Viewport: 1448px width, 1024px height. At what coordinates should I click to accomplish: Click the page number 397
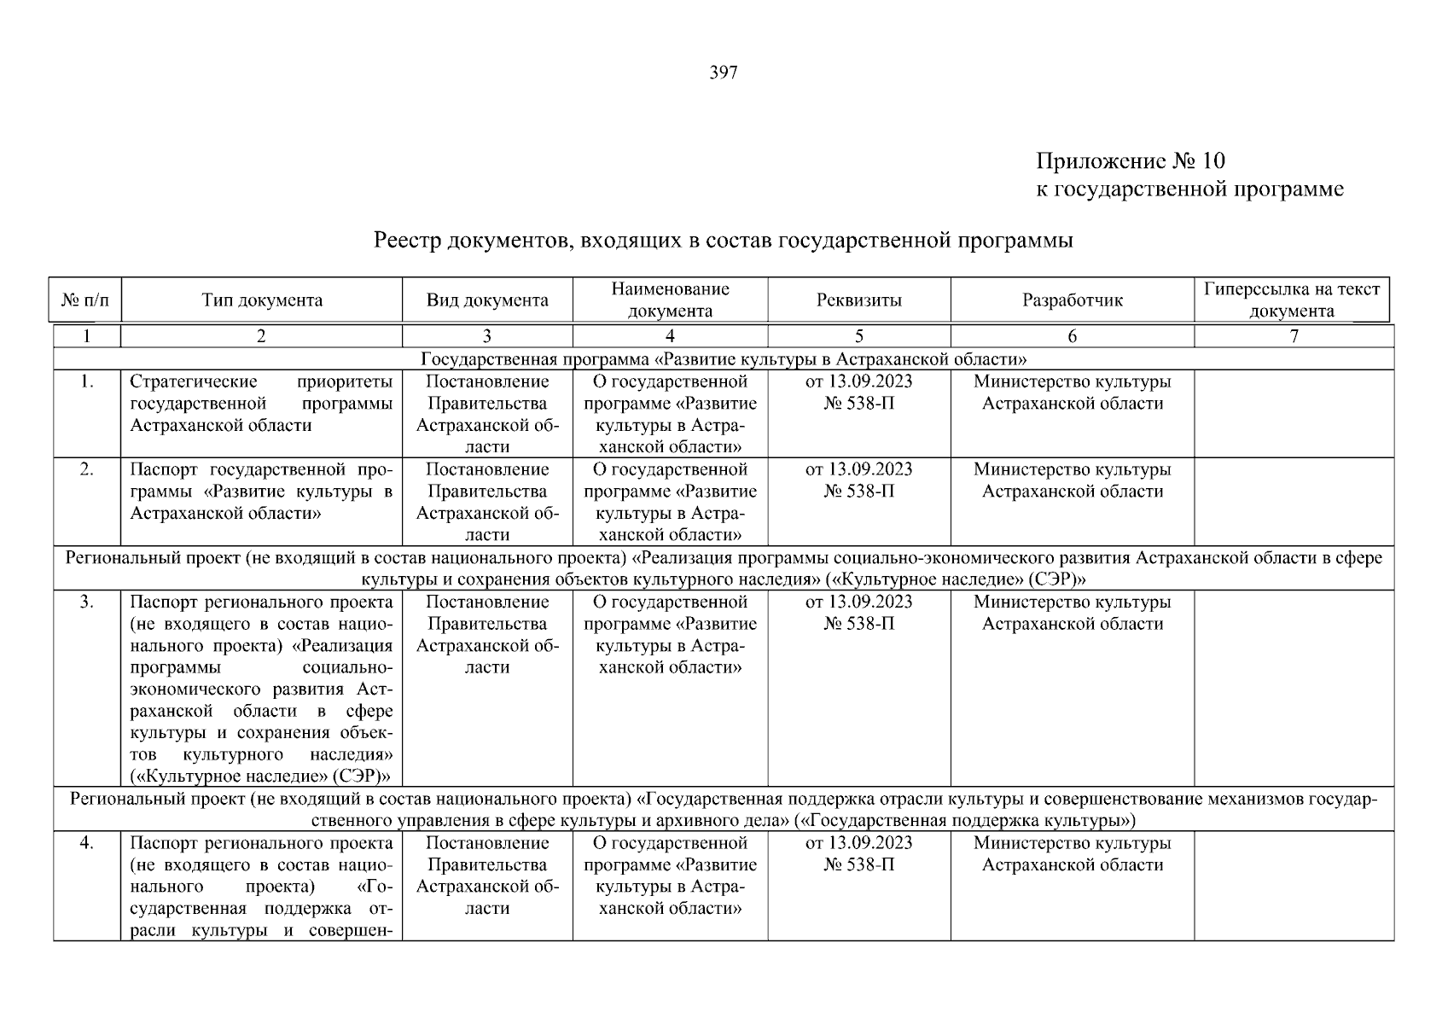(723, 73)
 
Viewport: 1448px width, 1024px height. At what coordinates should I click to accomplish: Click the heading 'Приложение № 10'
(1130, 161)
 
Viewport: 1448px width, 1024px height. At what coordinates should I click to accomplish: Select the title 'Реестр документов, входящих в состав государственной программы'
(723, 241)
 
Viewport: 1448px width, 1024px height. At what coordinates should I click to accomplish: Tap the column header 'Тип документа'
(262, 300)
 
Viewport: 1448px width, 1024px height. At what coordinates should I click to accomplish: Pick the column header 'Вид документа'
(487, 300)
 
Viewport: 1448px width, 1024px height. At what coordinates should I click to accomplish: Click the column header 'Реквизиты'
(858, 300)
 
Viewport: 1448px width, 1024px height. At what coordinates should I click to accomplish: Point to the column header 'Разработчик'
(1072, 300)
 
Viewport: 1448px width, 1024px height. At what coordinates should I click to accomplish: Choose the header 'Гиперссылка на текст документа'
(1291, 300)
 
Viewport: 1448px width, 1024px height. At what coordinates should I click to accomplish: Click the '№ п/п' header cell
(86, 300)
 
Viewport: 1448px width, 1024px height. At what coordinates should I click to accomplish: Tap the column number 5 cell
(858, 336)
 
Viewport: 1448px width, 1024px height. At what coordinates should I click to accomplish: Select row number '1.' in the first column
(87, 382)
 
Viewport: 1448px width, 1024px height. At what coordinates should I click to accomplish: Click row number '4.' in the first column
(87, 843)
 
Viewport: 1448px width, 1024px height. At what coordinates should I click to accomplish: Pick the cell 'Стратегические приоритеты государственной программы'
(261, 404)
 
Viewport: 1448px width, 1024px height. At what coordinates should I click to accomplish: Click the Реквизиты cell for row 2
(858, 480)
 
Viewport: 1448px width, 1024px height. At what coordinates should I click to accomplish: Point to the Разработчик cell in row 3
(1072, 613)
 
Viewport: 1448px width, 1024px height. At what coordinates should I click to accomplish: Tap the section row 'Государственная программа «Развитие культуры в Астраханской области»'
(723, 359)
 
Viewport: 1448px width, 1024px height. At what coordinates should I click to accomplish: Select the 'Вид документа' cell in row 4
(487, 876)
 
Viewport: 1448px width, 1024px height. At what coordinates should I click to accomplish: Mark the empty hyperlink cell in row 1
(1294, 414)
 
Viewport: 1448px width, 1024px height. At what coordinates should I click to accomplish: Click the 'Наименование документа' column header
(670, 300)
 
